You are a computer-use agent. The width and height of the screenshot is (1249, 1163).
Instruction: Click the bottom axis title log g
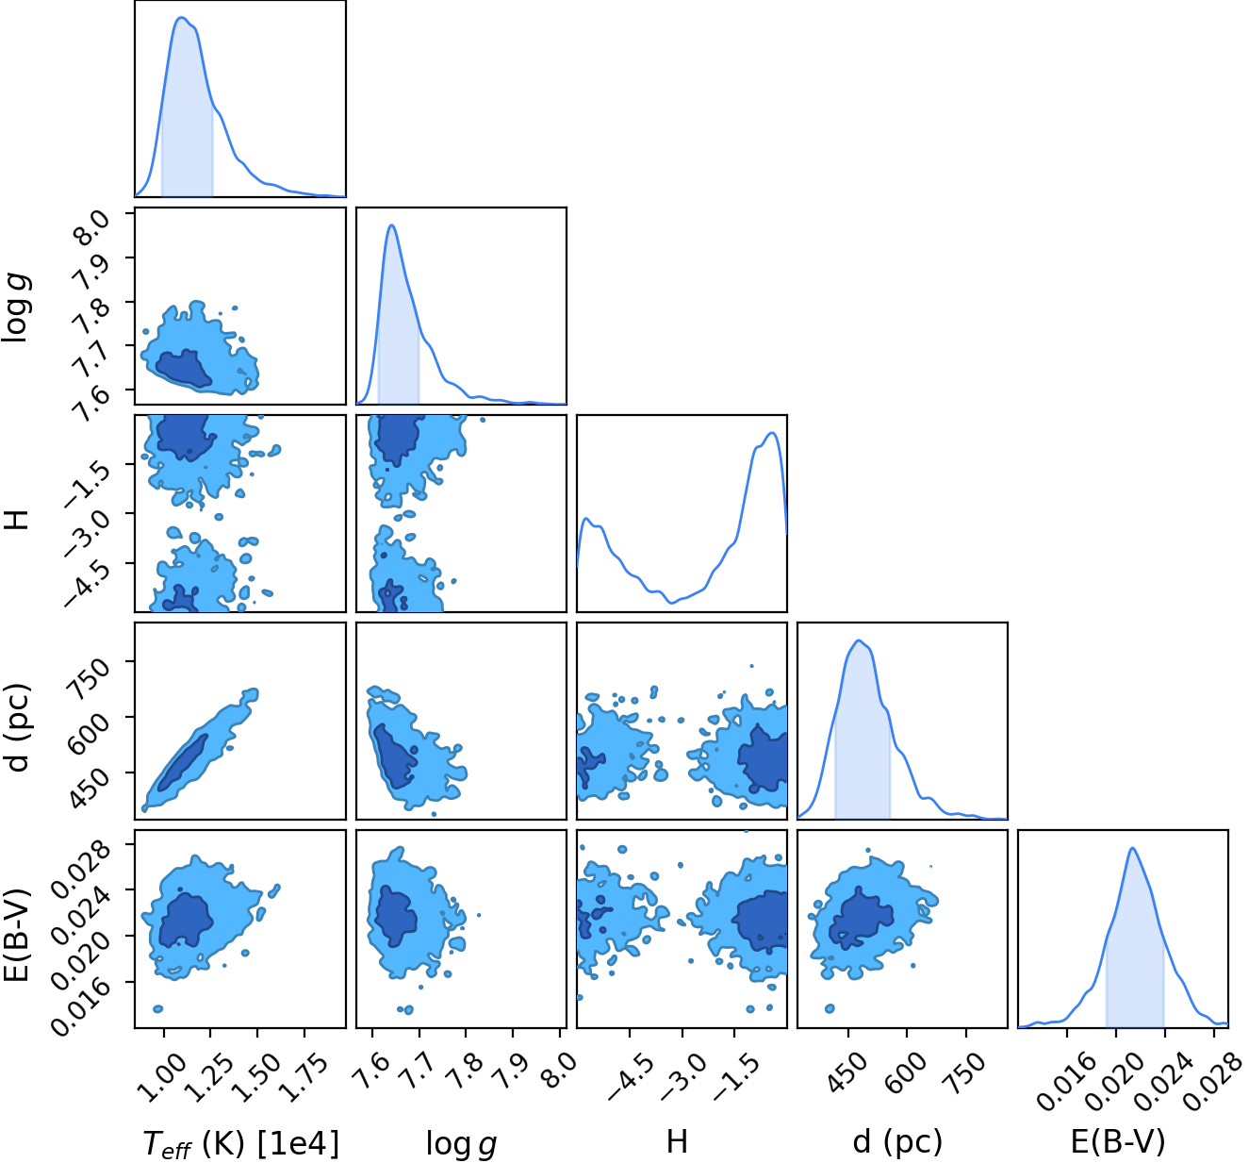(x=461, y=1143)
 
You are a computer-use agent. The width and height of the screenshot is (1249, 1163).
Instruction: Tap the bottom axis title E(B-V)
(x=1118, y=1141)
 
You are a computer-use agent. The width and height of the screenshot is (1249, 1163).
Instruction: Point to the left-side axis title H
(x=18, y=519)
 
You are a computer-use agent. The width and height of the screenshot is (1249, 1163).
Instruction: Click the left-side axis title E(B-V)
(x=17, y=935)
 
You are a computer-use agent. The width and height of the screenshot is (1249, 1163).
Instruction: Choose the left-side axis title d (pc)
(x=18, y=727)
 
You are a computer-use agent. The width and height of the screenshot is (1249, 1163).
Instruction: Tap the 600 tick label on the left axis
(x=88, y=732)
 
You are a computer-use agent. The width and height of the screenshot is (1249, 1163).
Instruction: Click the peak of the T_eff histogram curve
(x=181, y=18)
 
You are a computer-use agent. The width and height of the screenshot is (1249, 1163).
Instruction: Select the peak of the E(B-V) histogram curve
(x=1133, y=848)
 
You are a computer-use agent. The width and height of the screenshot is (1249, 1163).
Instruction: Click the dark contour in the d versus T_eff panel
(x=182, y=763)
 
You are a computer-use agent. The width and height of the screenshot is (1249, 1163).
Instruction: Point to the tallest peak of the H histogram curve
(x=772, y=433)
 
